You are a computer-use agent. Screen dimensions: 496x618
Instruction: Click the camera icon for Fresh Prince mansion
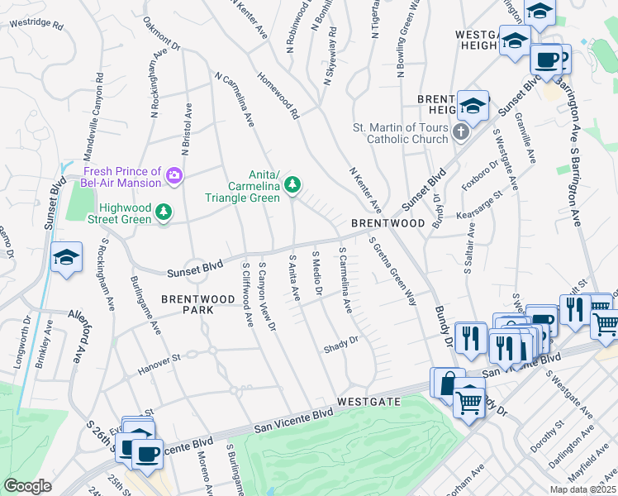coord(174,174)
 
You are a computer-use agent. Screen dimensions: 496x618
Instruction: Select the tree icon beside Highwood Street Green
coord(164,213)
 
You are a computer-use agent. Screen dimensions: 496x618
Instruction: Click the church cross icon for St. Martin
coord(461,132)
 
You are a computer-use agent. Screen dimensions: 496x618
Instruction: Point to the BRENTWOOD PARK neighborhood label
coord(187,303)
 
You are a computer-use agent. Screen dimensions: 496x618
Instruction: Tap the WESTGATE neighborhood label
coord(368,401)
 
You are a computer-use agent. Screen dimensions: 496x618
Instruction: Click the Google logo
coord(27,486)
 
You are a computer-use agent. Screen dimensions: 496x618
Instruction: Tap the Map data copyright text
coord(582,489)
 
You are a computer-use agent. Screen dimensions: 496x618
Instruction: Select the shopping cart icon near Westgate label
coord(469,403)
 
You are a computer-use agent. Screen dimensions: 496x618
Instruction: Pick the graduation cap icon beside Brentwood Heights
coord(473,106)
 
